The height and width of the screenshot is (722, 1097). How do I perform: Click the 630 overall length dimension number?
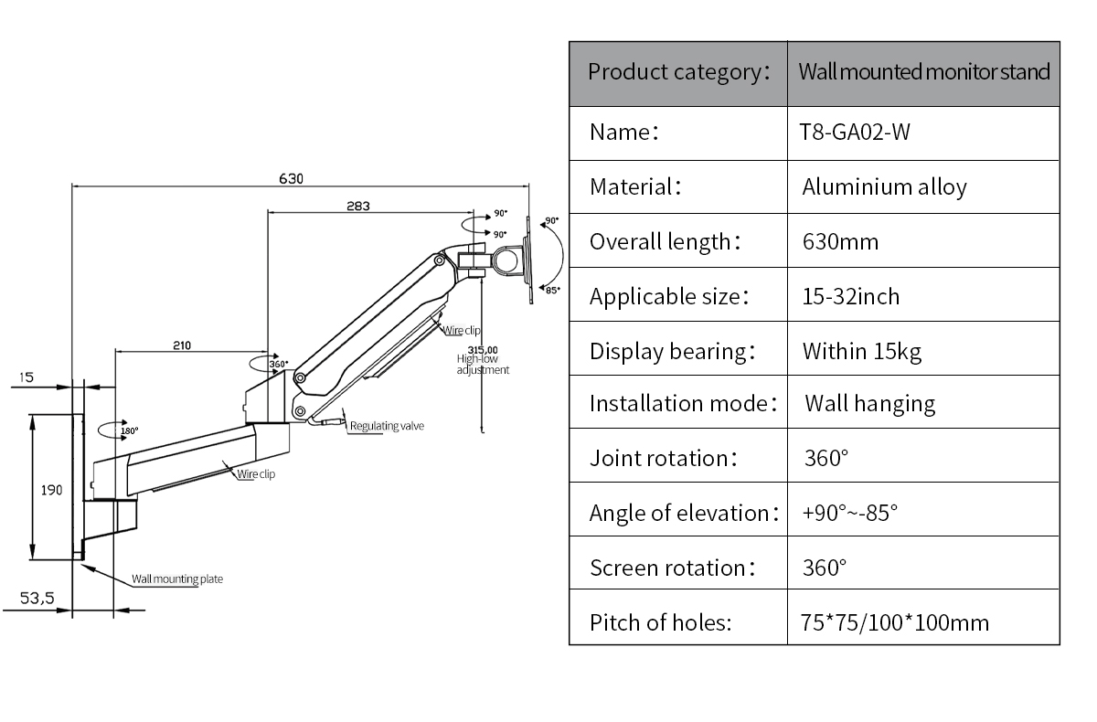click(291, 178)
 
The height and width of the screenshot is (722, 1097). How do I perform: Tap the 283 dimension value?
click(358, 206)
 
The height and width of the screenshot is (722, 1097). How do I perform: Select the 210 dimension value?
click(182, 345)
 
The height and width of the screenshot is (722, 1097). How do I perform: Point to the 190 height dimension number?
click(51, 490)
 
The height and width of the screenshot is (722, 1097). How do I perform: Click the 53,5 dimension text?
click(37, 598)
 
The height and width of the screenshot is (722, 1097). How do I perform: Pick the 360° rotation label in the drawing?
click(279, 364)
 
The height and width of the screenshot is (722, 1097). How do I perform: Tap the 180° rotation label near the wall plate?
click(129, 430)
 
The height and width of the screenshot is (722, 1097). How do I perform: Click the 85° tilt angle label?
click(553, 290)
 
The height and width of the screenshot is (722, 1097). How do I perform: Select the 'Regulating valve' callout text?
click(387, 426)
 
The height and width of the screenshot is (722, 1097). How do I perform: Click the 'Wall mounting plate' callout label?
click(177, 579)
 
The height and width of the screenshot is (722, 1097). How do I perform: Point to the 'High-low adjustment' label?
click(483, 364)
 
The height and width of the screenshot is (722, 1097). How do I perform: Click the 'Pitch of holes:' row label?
click(660, 622)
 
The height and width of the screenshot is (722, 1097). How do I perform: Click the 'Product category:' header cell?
click(678, 72)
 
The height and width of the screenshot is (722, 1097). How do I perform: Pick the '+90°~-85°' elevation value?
click(849, 513)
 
